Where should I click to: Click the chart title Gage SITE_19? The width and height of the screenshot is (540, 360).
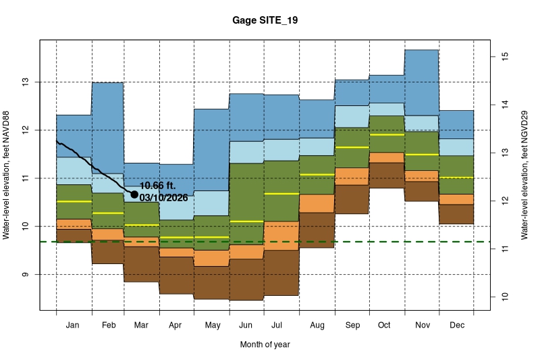tap(264, 21)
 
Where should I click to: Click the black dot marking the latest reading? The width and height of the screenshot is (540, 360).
tap(134, 195)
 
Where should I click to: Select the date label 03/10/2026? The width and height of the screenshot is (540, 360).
tap(163, 198)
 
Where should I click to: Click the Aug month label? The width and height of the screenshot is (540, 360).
tap(317, 326)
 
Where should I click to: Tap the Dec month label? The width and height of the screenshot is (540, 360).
tap(456, 326)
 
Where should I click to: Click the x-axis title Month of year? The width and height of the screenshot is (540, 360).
tap(265, 344)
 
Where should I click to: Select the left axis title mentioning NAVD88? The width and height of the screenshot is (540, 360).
tap(7, 174)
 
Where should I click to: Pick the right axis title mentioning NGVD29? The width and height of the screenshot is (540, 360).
tap(524, 174)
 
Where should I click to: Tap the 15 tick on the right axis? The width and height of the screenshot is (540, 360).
tap(503, 57)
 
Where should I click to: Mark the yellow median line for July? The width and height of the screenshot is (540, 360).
tap(281, 194)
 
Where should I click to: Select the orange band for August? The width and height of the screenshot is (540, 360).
tap(317, 203)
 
